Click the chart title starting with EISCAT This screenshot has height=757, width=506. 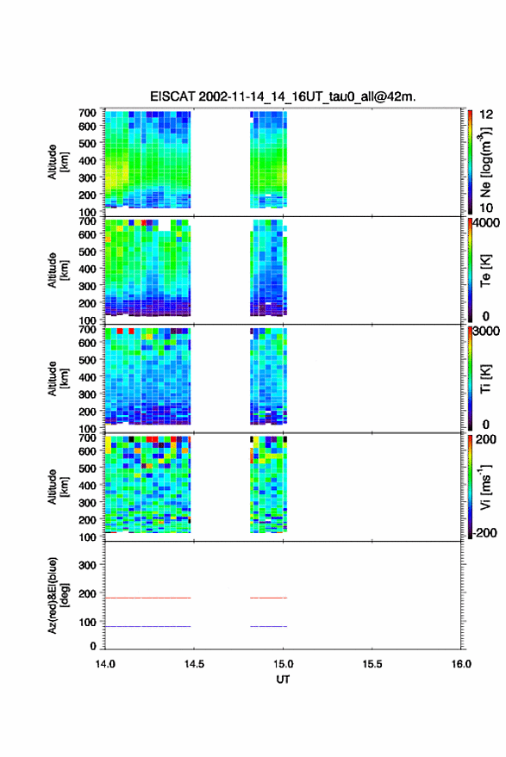(x=283, y=96)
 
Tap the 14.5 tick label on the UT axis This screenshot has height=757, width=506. (x=194, y=664)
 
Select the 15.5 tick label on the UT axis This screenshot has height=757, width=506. (x=372, y=664)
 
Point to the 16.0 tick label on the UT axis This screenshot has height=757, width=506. (x=461, y=664)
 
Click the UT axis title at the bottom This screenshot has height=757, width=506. (x=283, y=679)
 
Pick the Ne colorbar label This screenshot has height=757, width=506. (x=485, y=162)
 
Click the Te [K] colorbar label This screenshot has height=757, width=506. (x=485, y=270)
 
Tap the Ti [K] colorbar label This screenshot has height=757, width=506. (x=485, y=379)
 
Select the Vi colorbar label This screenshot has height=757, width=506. (x=485, y=487)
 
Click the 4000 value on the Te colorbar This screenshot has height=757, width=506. (x=486, y=222)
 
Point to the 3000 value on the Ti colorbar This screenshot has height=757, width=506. (x=486, y=331)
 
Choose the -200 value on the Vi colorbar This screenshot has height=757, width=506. (x=484, y=532)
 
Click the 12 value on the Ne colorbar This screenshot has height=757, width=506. (x=486, y=114)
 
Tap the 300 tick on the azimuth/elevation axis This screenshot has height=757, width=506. (x=87, y=565)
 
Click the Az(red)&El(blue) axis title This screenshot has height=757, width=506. (x=58, y=595)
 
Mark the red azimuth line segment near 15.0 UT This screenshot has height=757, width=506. (x=269, y=598)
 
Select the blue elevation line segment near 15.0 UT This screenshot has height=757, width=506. (x=269, y=626)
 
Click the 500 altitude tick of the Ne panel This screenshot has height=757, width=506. (x=87, y=143)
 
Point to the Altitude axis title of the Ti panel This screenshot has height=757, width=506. (x=58, y=379)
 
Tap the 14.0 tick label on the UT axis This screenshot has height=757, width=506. (x=105, y=664)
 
